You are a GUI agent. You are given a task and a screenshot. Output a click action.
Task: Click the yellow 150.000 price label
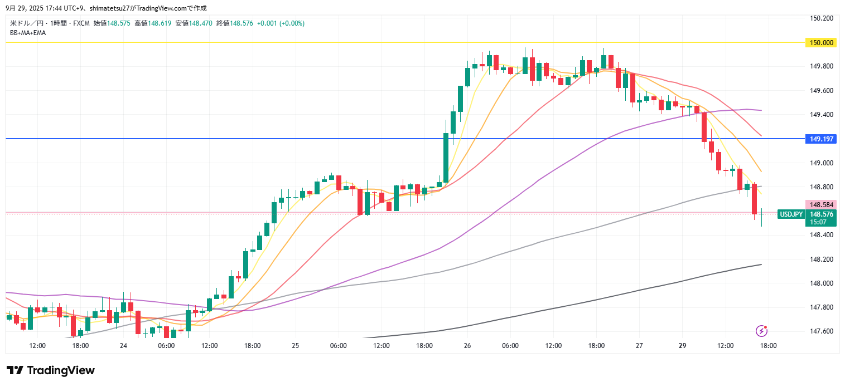pos(821,42)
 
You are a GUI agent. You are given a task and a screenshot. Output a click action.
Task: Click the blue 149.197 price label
pos(821,139)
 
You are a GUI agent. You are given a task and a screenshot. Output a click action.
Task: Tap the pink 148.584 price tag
pos(821,205)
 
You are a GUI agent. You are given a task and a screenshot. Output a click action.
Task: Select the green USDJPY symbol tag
pos(791,214)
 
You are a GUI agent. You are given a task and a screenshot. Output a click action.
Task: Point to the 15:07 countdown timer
pos(818,222)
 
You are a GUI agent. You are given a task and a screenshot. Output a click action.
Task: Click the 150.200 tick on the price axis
pos(822,18)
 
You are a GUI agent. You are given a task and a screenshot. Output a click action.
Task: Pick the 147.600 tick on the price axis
pos(822,331)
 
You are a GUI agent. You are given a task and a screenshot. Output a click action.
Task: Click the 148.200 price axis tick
pos(822,259)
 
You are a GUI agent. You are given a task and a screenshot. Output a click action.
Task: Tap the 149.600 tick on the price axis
pos(822,91)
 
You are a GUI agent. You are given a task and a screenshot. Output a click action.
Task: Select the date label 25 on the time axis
pos(295,346)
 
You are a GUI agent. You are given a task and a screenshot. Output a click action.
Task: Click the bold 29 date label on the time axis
pos(682,346)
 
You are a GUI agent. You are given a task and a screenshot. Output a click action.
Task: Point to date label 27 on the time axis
pos(639,346)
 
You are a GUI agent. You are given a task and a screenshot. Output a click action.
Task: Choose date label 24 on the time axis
pos(123,346)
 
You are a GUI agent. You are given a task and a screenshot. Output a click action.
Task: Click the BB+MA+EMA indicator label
pos(28,33)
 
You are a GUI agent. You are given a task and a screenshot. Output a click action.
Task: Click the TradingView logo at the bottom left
pos(51,370)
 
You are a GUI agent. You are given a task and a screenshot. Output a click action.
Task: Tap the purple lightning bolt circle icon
pos(761,331)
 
